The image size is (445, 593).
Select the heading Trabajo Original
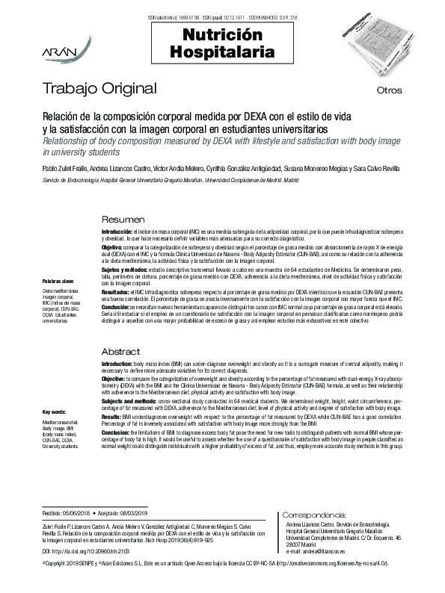point(99,89)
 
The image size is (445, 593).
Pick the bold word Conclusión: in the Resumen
point(117,307)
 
